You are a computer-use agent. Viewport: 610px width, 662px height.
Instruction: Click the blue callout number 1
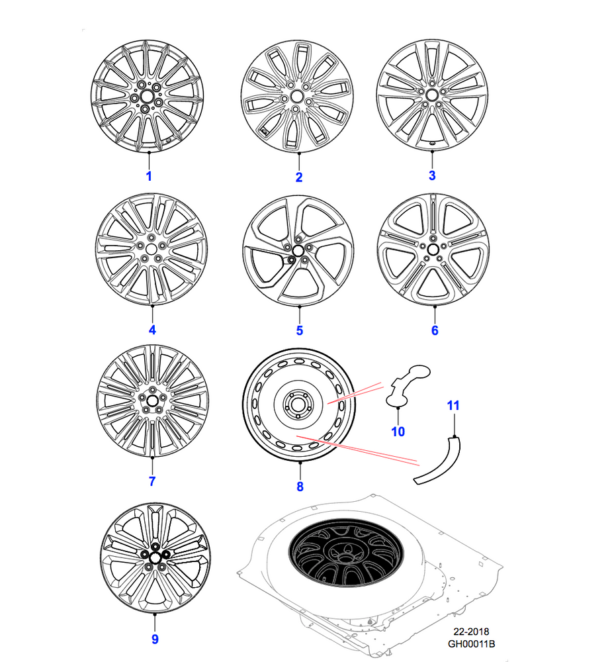click(x=149, y=176)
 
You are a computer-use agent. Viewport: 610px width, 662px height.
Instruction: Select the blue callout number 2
click(x=299, y=177)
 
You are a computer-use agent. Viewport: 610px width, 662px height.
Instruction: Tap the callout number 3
click(x=432, y=175)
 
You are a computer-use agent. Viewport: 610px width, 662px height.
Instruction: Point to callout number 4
click(x=152, y=330)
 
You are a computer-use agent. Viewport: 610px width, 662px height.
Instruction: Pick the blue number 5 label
click(x=299, y=330)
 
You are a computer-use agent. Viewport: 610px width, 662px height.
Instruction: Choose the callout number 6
click(x=435, y=330)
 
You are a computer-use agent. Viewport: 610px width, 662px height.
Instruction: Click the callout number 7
click(x=152, y=481)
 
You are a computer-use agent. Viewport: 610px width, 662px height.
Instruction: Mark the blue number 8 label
click(x=300, y=487)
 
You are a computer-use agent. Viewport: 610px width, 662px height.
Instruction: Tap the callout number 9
click(x=155, y=639)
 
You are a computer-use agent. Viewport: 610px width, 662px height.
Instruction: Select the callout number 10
click(x=398, y=432)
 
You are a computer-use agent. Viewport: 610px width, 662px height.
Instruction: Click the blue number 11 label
click(x=453, y=406)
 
